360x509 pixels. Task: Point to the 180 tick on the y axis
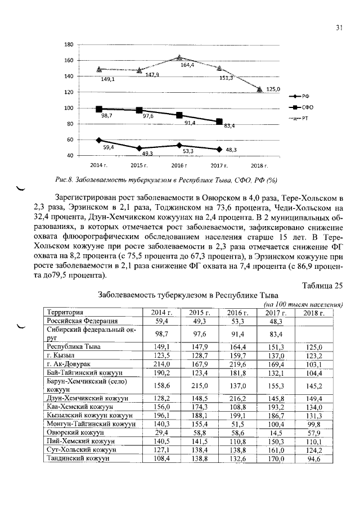(69, 45)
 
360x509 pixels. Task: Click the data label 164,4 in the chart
(187, 66)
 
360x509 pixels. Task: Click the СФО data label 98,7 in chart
(107, 116)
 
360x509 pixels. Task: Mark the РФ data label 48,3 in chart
(231, 150)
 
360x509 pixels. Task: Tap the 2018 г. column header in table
(314, 313)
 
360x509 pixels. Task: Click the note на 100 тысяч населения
(304, 304)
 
